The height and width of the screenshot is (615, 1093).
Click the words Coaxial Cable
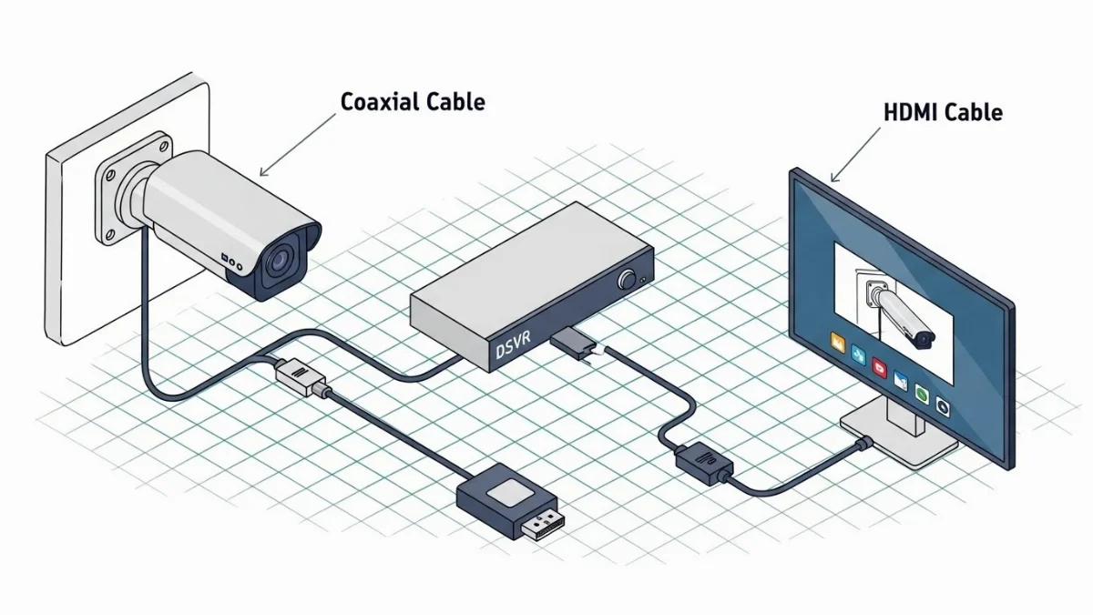pyautogui.click(x=413, y=101)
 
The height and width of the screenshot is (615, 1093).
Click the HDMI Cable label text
pyautogui.click(x=943, y=113)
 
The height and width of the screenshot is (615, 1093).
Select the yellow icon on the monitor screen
pyautogui.click(x=834, y=344)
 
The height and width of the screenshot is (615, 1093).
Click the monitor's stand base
pyautogui.click(x=897, y=434)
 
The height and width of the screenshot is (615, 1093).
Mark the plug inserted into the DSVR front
pyautogui.click(x=571, y=343)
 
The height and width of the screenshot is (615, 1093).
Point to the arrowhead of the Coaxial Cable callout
pyautogui.click(x=261, y=173)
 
